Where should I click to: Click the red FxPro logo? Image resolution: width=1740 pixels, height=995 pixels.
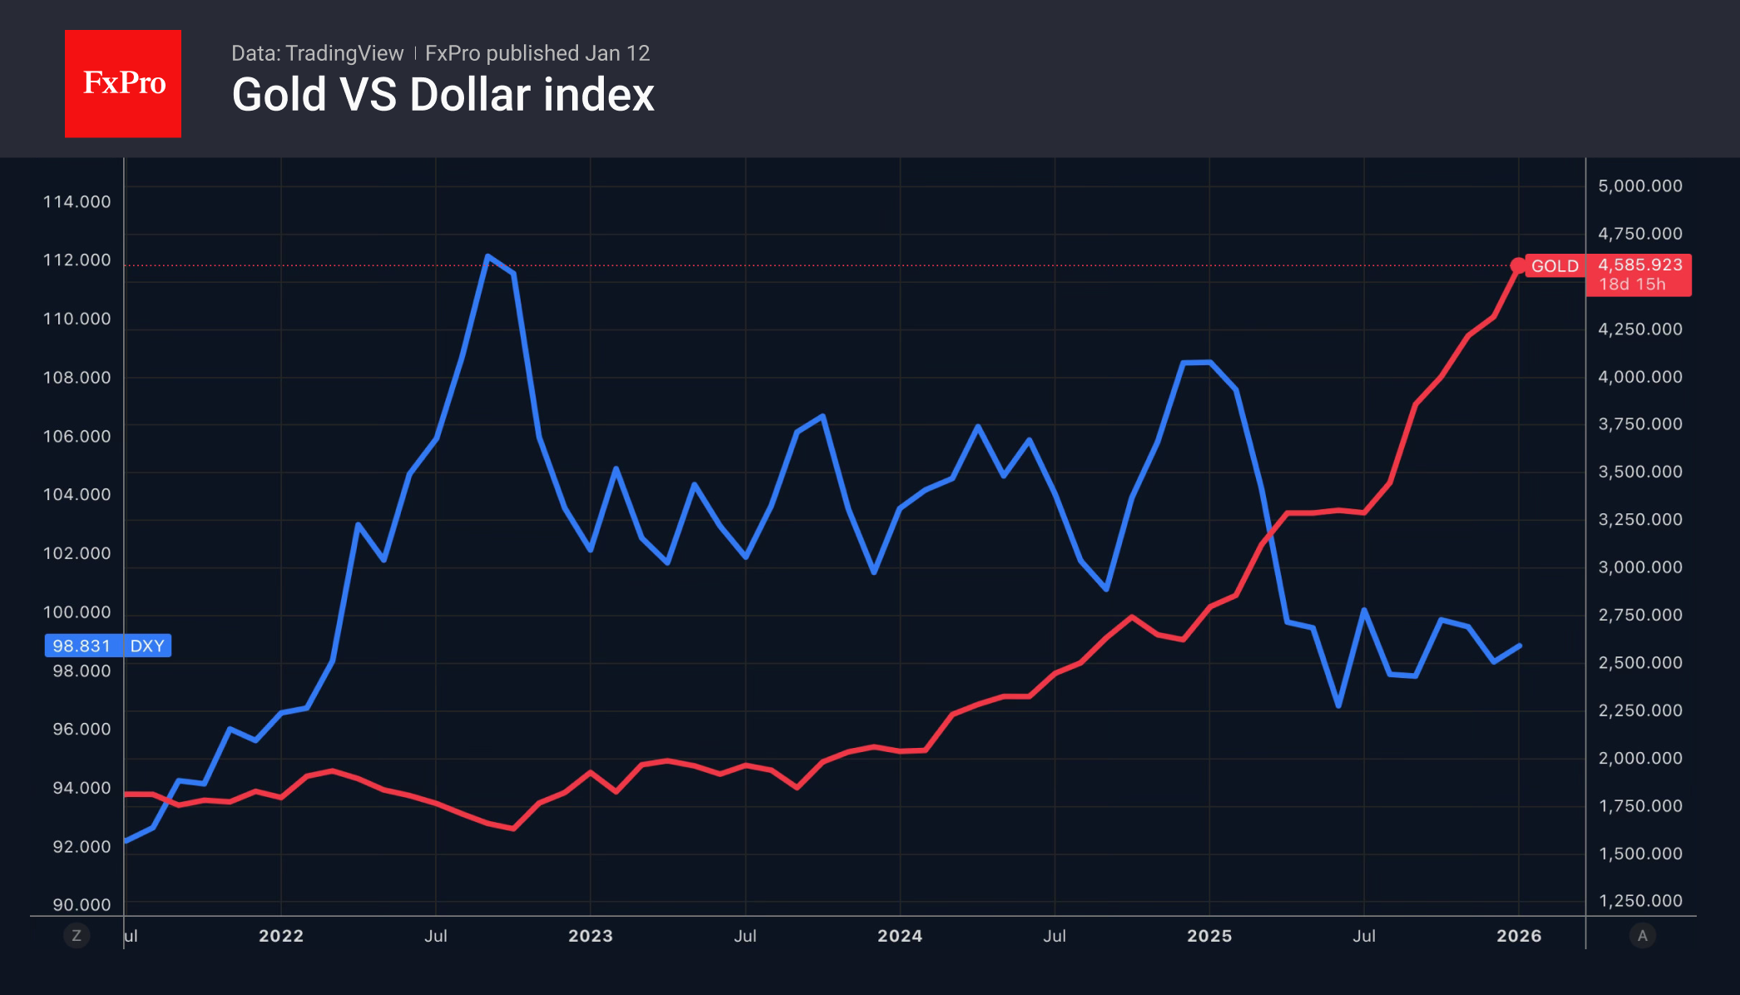pyautogui.click(x=123, y=83)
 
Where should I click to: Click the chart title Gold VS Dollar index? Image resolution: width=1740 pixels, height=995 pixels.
pyautogui.click(x=442, y=95)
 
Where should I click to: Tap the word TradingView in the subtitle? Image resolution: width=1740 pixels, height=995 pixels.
pyautogui.click(x=344, y=53)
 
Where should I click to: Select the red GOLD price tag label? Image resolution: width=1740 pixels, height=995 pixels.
pyautogui.click(x=1554, y=266)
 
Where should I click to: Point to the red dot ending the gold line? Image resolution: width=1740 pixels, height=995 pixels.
pyautogui.click(x=1518, y=265)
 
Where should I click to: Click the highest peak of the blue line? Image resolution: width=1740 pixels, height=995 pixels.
pyautogui.click(x=488, y=257)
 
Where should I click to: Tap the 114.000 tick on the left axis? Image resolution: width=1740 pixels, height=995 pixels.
pyautogui.click(x=77, y=201)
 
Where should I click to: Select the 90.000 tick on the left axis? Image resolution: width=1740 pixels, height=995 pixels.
pyautogui.click(x=82, y=904)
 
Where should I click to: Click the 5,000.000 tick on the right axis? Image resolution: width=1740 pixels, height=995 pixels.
pyautogui.click(x=1639, y=186)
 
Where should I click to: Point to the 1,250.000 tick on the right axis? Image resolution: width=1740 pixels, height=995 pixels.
pyautogui.click(x=1639, y=900)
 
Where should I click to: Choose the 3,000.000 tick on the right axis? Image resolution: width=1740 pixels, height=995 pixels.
pyautogui.click(x=1639, y=567)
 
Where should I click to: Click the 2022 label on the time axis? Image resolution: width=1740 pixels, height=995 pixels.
pyautogui.click(x=281, y=936)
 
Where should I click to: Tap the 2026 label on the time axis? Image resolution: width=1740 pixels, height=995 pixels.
pyautogui.click(x=1519, y=936)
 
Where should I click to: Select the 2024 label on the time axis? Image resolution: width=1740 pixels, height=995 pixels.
pyautogui.click(x=900, y=936)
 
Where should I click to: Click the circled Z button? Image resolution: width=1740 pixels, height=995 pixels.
pyautogui.click(x=77, y=936)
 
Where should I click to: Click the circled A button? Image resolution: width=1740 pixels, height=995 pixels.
pyautogui.click(x=1642, y=936)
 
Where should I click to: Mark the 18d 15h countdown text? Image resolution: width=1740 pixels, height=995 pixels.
pyautogui.click(x=1632, y=285)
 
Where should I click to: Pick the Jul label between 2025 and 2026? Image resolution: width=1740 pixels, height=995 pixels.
pyautogui.click(x=1364, y=936)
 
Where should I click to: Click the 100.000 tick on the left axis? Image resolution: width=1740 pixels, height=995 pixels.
pyautogui.click(x=77, y=611)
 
